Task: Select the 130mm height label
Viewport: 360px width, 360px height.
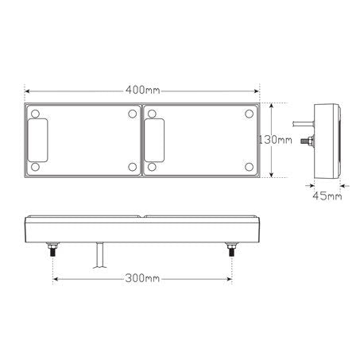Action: tap(274, 140)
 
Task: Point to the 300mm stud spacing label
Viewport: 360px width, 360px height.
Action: tap(141, 279)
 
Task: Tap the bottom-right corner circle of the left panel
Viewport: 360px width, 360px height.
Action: tap(131, 167)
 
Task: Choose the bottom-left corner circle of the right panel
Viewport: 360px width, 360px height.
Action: tap(151, 167)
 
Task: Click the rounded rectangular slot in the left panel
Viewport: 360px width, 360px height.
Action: tap(37, 140)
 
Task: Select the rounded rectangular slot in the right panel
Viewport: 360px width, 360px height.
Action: tap(154, 140)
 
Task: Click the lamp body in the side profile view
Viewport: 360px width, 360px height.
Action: tap(327, 139)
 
